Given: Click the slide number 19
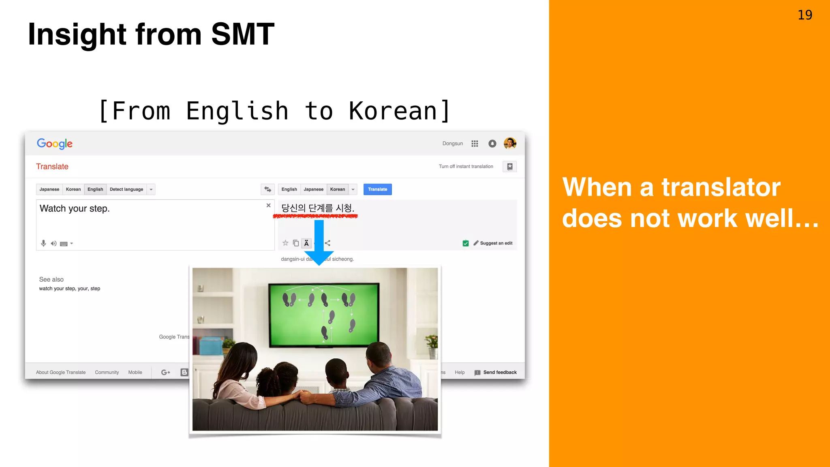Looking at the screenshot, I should click(x=804, y=15).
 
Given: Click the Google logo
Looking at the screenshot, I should click(x=55, y=144).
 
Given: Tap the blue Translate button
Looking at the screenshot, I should click(x=377, y=189).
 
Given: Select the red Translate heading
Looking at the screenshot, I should click(x=52, y=167).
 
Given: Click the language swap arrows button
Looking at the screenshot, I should click(x=267, y=189).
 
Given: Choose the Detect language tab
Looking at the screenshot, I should click(x=126, y=189).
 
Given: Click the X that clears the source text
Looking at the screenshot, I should click(x=268, y=206).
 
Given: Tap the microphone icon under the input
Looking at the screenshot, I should click(x=43, y=243).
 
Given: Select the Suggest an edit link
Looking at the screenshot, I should click(x=496, y=243).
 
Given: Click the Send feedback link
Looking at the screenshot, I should click(x=499, y=373).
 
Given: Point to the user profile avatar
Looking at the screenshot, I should click(x=510, y=144).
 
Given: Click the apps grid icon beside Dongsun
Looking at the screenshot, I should click(x=475, y=144).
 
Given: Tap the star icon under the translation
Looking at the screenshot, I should click(x=285, y=243).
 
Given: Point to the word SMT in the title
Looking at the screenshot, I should click(x=242, y=34).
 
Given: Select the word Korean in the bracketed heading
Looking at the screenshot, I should click(x=393, y=111).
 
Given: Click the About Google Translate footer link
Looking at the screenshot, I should click(x=61, y=373).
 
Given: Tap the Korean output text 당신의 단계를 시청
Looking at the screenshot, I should click(x=318, y=208).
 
